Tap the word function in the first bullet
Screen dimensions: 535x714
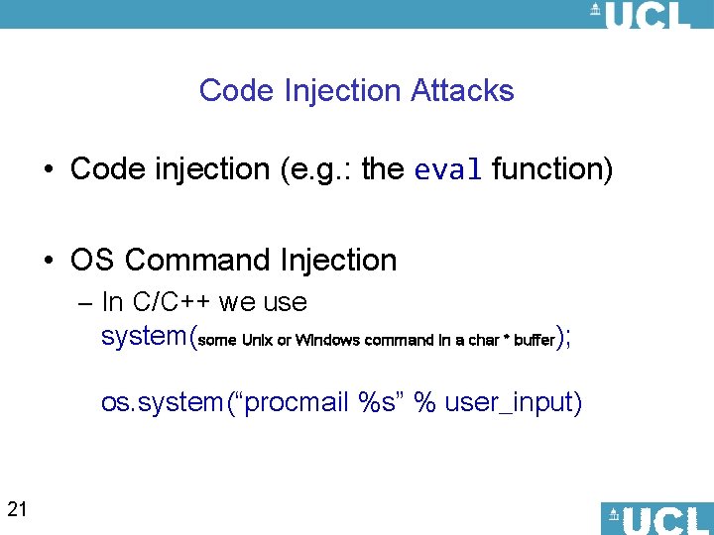coord(552,169)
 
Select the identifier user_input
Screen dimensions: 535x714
coord(513,402)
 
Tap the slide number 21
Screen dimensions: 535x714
coord(17,510)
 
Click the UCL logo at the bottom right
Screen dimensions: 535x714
coord(655,518)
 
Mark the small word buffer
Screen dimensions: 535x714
coord(535,341)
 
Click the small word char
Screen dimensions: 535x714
coord(483,341)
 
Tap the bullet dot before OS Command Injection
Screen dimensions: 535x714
coord(49,262)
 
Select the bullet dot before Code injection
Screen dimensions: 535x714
coord(49,170)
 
